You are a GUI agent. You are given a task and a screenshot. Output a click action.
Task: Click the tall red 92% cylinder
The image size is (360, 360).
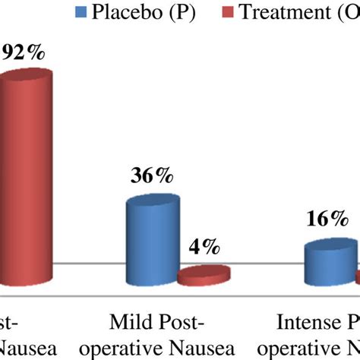(x=26, y=175)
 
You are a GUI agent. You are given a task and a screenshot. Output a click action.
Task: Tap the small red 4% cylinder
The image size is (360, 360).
(x=204, y=275)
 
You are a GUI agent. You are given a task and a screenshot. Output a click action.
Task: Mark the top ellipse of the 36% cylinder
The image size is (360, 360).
(x=153, y=204)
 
